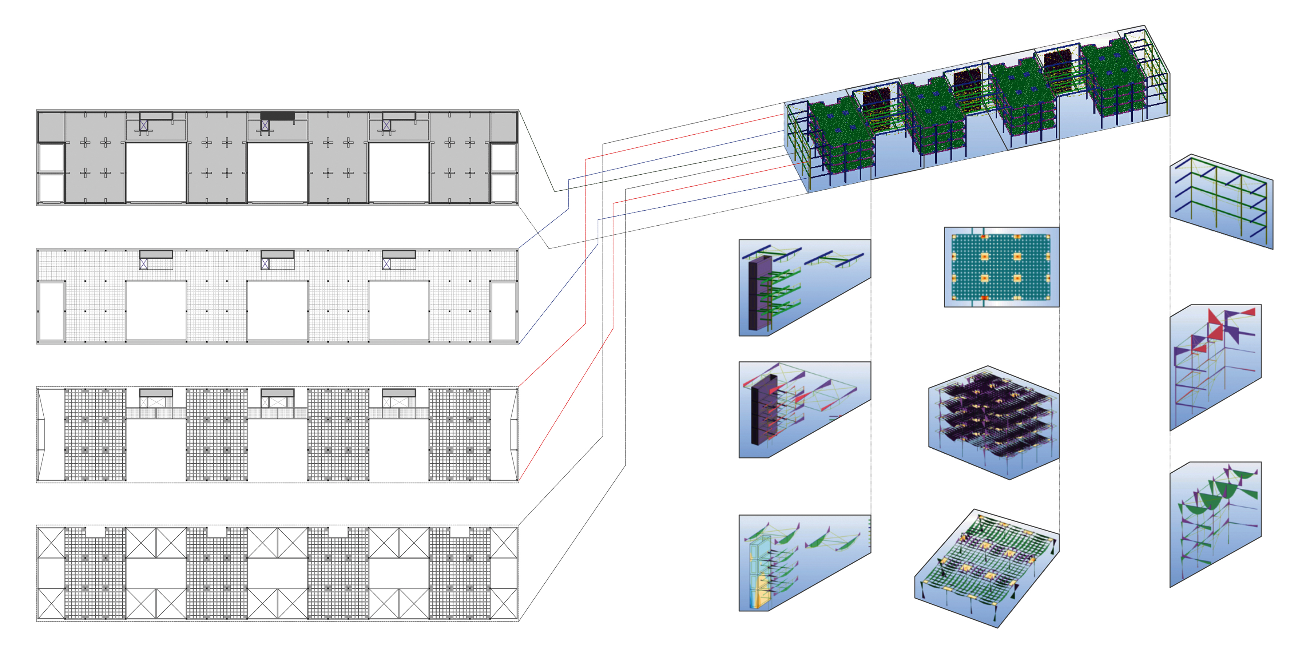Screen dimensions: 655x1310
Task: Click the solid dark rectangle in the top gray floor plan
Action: pos(277,116)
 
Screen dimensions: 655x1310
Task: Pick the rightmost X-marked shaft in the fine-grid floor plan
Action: pos(386,264)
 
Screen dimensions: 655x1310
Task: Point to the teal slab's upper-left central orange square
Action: pos(984,256)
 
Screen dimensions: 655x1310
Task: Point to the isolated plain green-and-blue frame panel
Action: pos(1220,201)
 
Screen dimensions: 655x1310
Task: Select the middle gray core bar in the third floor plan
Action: pos(277,393)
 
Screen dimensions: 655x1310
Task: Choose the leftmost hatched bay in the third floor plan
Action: pos(95,434)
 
